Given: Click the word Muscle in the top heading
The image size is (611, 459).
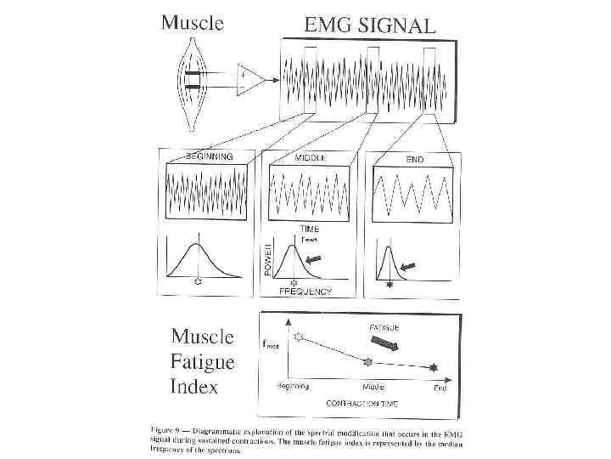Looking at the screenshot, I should point(192,24).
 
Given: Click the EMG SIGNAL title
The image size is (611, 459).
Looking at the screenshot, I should point(369,25).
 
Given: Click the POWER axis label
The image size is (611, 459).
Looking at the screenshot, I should point(266,257).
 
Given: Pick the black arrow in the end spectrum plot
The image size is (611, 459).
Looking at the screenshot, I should point(408,267).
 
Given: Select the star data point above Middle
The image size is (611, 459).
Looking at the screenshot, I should point(367,362).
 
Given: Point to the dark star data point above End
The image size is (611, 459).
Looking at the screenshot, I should point(435,367).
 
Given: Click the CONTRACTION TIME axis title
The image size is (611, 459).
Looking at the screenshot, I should point(365,405).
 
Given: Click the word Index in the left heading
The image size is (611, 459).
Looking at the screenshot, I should point(194,387).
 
